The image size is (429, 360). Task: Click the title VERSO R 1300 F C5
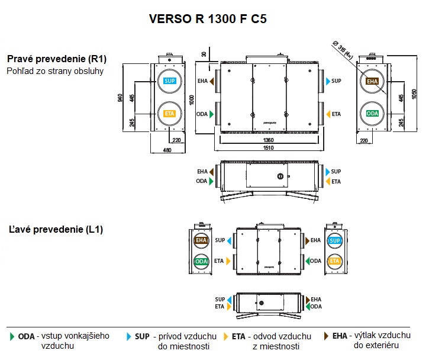point(208,18)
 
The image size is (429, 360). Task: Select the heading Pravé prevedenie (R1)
point(57,59)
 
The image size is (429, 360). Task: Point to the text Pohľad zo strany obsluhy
point(55,71)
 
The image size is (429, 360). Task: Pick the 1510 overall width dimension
point(268,149)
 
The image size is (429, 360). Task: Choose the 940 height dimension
point(121,98)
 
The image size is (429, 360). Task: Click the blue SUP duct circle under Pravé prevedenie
point(169,81)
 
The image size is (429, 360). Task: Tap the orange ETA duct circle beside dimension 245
point(169,113)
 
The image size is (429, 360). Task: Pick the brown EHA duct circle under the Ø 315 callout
point(372,81)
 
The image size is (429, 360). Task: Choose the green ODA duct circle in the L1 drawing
point(202,261)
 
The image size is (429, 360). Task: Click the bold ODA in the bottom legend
point(26,336)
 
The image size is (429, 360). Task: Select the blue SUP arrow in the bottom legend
point(129,336)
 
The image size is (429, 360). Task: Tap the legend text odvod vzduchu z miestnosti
point(275,341)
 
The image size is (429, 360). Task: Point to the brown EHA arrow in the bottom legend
point(327,336)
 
